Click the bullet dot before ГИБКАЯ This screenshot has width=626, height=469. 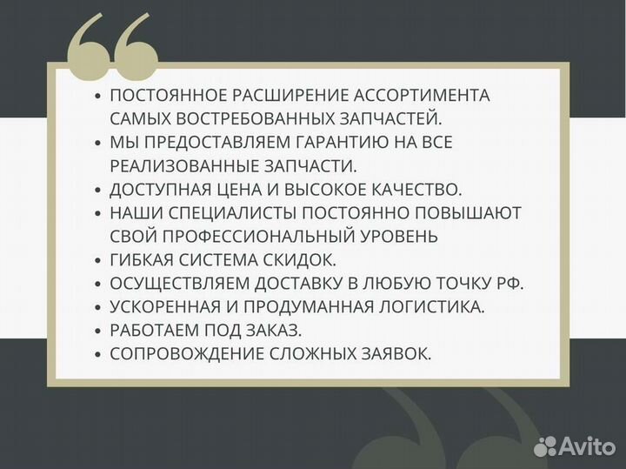[97, 260]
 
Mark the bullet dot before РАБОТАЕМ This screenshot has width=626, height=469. [97, 331]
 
